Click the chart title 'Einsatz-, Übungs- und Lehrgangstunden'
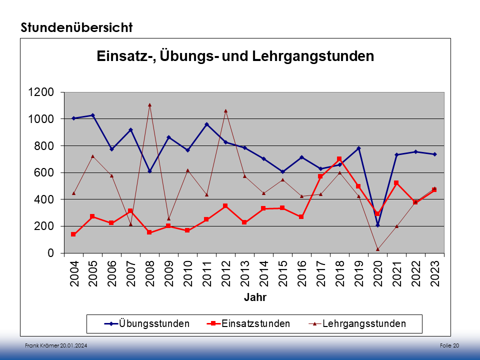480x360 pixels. pyautogui.click(x=235, y=56)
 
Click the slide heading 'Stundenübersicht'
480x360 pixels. pyautogui.click(x=76, y=28)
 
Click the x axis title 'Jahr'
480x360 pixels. pyautogui.click(x=255, y=298)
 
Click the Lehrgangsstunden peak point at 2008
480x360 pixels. pyautogui.click(x=149, y=105)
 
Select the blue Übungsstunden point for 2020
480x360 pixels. pyautogui.click(x=377, y=225)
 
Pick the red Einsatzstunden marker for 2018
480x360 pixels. pyautogui.click(x=339, y=159)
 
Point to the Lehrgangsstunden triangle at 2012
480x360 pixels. pyautogui.click(x=225, y=110)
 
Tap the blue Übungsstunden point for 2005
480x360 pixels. pyautogui.click(x=92, y=115)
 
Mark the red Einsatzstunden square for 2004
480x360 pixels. pyautogui.click(x=73, y=234)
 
